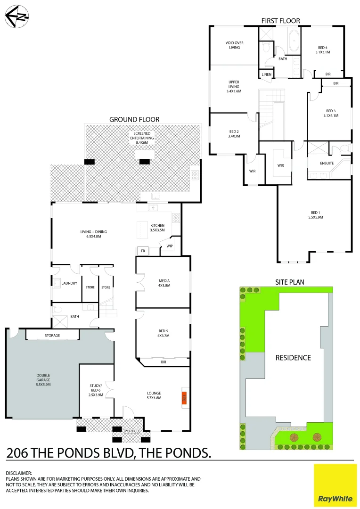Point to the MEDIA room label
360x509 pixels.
tap(164, 283)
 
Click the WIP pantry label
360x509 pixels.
tap(169, 245)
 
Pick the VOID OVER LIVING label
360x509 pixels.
tap(234, 45)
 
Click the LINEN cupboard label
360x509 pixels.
tap(266, 74)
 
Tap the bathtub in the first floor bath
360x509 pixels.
tap(293, 41)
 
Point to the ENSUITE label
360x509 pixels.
tap(327, 164)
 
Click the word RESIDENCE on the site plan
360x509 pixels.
tap(293, 357)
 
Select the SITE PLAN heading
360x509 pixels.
tap(290, 282)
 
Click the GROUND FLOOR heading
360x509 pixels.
tap(134, 120)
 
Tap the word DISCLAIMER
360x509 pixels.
tap(19, 473)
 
